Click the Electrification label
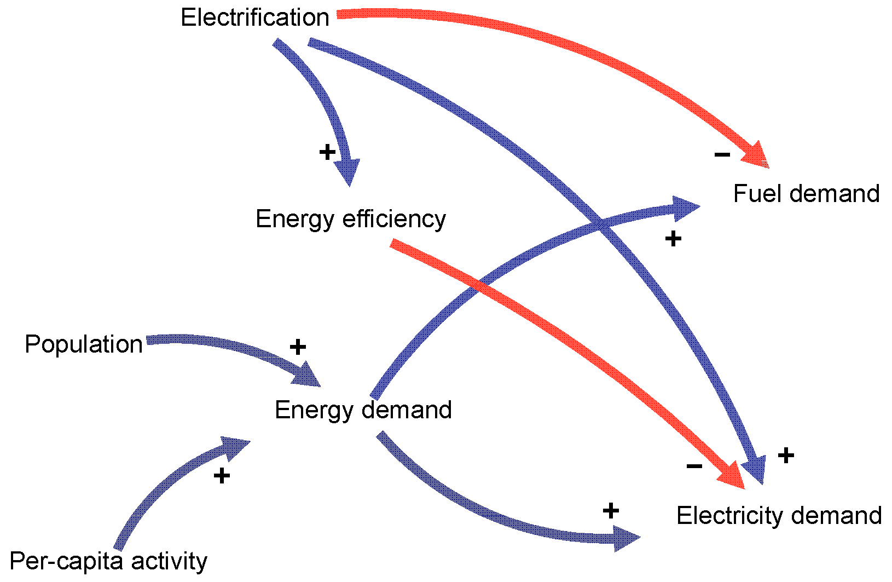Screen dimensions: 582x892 (254, 18)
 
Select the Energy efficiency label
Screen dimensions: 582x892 (350, 219)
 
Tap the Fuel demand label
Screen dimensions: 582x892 (806, 194)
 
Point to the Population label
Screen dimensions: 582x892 (84, 344)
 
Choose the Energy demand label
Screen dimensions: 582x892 (363, 410)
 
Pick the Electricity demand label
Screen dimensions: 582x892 (779, 516)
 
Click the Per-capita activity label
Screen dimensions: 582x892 (108, 561)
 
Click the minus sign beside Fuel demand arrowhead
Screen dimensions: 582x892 (722, 155)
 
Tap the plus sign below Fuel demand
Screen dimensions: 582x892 (673, 239)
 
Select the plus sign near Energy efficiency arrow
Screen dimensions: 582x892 (327, 152)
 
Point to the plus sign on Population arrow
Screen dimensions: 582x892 (298, 347)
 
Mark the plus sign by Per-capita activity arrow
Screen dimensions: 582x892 (222, 476)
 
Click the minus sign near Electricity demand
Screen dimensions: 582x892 (694, 466)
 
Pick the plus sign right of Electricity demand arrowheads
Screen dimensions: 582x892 (786, 456)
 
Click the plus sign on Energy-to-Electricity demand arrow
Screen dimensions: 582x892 (611, 511)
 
